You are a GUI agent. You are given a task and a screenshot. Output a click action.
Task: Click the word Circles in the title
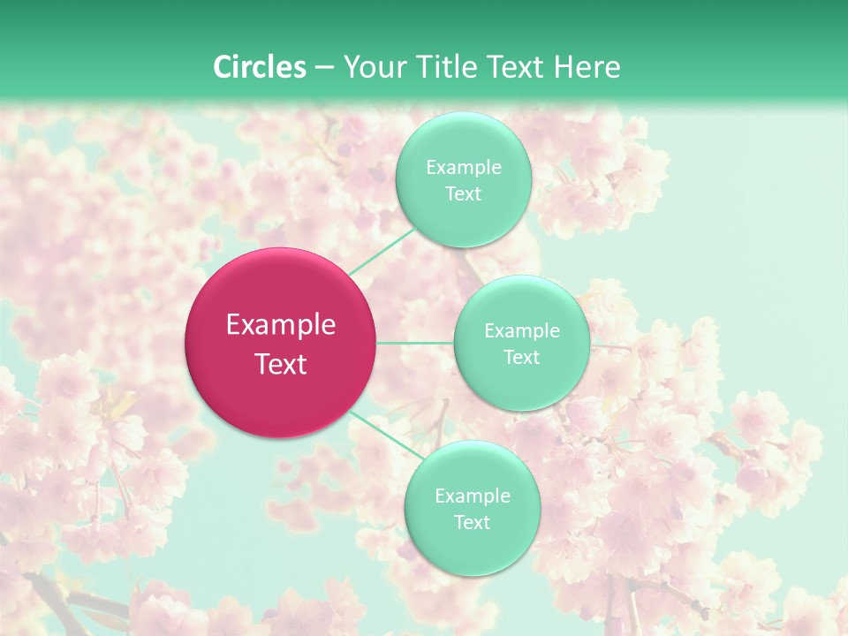[260, 67]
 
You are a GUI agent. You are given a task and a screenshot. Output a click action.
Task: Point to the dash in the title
[323, 68]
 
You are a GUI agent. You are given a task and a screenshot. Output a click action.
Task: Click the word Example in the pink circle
[281, 325]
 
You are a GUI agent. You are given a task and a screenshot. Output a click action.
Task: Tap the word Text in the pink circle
[281, 364]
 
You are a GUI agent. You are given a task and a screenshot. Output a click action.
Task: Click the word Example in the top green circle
[464, 168]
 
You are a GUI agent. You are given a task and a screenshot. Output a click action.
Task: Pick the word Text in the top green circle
[464, 194]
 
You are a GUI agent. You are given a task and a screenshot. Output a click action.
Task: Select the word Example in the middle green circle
[522, 331]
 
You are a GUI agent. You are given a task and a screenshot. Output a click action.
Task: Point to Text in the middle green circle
[522, 358]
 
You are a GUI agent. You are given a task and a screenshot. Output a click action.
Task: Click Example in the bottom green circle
[473, 496]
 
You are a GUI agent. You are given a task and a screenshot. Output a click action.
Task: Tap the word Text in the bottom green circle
[473, 523]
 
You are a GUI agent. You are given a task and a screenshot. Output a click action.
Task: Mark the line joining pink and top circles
[381, 252]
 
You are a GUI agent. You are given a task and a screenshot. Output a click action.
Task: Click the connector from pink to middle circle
[415, 343]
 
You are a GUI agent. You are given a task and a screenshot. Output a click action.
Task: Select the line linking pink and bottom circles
[387, 435]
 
